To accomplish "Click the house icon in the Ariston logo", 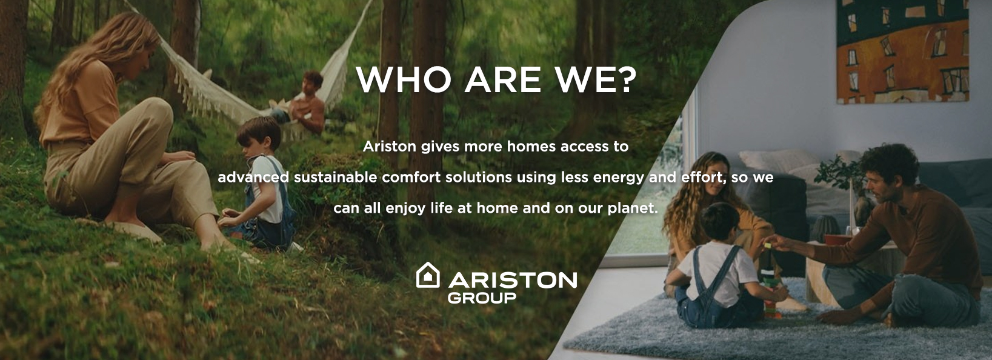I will click(427, 275).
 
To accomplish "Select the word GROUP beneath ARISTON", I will click(482, 298).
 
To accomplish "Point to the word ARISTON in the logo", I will click(512, 279).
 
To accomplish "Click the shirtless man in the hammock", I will click(306, 103).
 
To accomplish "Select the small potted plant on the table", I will click(839, 194).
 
